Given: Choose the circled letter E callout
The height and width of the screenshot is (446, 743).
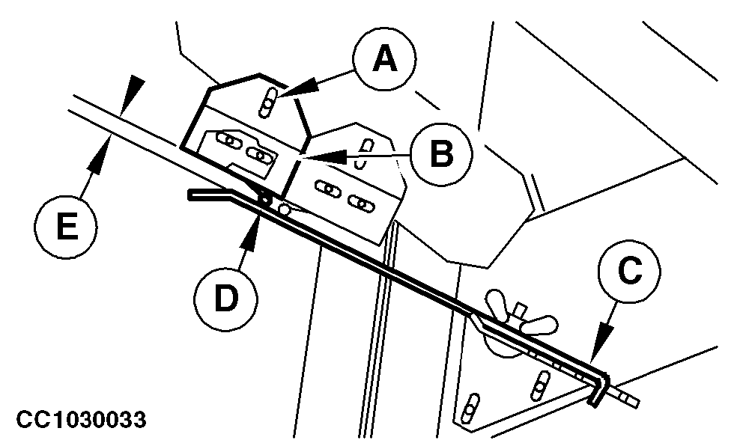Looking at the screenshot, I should [67, 225].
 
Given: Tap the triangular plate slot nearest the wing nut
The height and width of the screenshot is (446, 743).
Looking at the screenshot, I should [539, 387].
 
